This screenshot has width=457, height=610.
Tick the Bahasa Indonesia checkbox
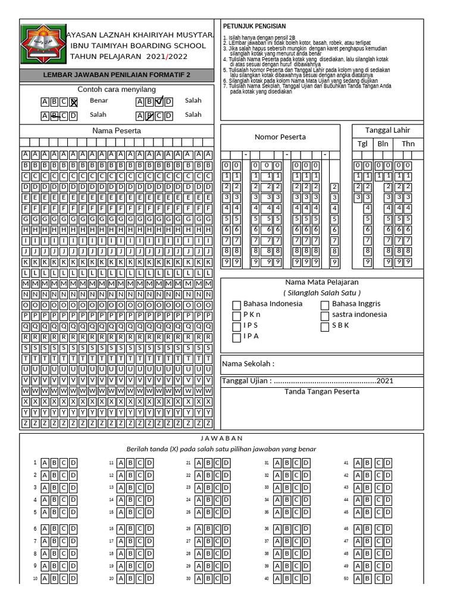tap(237, 305)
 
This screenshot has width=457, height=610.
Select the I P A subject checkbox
tap(237, 337)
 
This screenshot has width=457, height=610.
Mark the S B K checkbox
tap(325, 326)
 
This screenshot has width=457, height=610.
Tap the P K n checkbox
tap(237, 316)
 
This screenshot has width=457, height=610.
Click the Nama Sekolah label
tap(248, 364)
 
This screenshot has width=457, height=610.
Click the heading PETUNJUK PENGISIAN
tap(254, 27)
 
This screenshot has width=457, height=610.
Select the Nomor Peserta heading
tap(280, 137)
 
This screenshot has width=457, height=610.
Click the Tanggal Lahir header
tap(387, 130)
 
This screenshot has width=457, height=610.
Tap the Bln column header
tap(383, 144)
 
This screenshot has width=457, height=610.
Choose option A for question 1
tap(45, 463)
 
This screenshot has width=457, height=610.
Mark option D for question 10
tap(73, 578)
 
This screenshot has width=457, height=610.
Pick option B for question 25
tap(209, 512)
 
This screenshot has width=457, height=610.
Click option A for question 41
tap(358, 463)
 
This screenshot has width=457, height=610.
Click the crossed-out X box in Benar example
tap(74, 102)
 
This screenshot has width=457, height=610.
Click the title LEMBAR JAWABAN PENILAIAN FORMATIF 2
tap(117, 75)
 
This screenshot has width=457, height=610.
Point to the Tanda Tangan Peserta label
tap(322, 391)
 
